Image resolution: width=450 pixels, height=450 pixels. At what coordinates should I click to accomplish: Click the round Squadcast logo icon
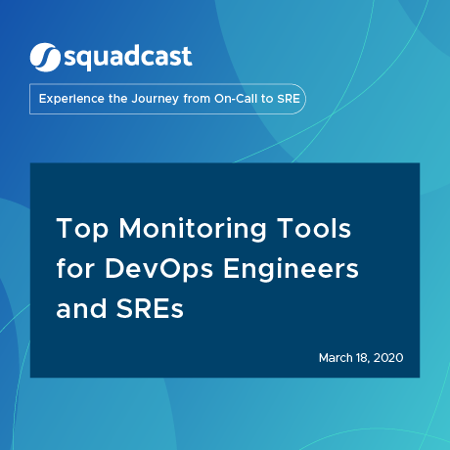pyautogui.click(x=45, y=58)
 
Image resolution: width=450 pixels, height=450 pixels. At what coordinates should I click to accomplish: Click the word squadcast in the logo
pyautogui.click(x=128, y=58)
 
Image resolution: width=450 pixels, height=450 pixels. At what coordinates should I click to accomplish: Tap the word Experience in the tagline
pyautogui.click(x=71, y=99)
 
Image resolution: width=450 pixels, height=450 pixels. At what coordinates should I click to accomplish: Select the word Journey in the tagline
pyautogui.click(x=156, y=99)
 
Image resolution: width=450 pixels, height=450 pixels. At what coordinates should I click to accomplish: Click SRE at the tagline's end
pyautogui.click(x=289, y=99)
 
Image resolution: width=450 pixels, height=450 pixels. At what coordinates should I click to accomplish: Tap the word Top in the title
pyautogui.click(x=82, y=230)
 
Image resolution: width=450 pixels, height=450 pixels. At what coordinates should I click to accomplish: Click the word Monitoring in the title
pyautogui.click(x=193, y=230)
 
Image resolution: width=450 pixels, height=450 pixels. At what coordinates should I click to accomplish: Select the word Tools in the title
pyautogui.click(x=314, y=228)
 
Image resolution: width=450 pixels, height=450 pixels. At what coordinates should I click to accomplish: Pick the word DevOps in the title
pyautogui.click(x=158, y=270)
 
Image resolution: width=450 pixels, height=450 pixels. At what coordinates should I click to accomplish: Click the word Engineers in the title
pyautogui.click(x=291, y=270)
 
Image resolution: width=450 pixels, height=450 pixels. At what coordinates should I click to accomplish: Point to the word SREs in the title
pyautogui.click(x=150, y=308)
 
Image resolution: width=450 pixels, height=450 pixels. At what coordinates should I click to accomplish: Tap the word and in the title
pyautogui.click(x=81, y=308)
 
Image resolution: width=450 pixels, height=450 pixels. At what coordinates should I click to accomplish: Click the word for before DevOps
pyautogui.click(x=75, y=268)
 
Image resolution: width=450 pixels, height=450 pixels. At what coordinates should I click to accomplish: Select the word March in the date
pyautogui.click(x=336, y=358)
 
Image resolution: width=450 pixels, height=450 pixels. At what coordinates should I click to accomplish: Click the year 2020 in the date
pyautogui.click(x=388, y=358)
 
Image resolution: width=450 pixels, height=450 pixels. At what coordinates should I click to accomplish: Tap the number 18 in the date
pyautogui.click(x=363, y=358)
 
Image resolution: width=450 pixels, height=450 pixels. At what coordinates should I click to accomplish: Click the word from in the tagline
pyautogui.click(x=197, y=99)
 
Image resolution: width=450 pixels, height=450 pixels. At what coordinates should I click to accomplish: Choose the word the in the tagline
pyautogui.click(x=117, y=99)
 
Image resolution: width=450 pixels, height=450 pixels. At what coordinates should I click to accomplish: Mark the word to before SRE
pyautogui.click(x=267, y=99)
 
